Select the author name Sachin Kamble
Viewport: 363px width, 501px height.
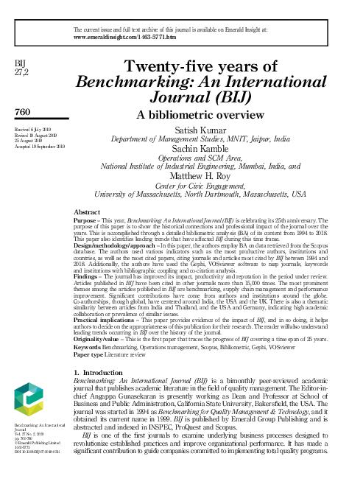click(200, 147)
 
